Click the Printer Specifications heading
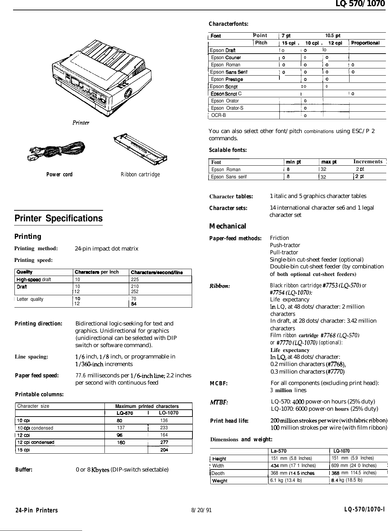(x=58, y=219)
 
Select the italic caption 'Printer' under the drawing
(x=81, y=122)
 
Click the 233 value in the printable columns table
(x=164, y=428)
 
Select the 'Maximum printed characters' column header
(x=147, y=406)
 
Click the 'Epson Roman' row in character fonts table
(x=226, y=65)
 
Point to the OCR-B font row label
(x=219, y=115)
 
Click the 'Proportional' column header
(x=365, y=43)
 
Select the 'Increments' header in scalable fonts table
(x=368, y=162)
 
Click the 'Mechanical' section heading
(x=228, y=226)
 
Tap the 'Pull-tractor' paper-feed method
(x=284, y=252)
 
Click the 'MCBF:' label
(x=219, y=384)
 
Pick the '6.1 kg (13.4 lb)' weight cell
(x=286, y=480)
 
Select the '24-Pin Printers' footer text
(x=36, y=510)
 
